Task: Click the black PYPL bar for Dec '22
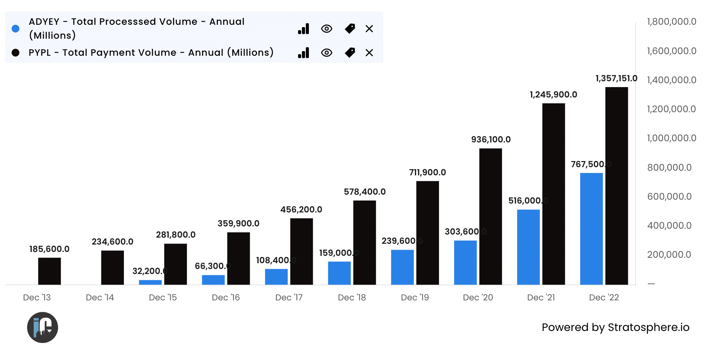[616, 186]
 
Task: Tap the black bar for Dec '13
[50, 271]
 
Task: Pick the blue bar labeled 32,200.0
[150, 282]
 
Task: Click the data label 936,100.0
[491, 139]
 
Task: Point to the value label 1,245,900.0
[553, 94]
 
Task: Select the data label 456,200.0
[301, 209]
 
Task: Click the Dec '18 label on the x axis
[351, 297]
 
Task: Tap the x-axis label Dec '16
[226, 297]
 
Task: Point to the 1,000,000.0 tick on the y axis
[671, 138]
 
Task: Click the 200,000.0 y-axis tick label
[669, 254]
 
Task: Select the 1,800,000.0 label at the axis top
[671, 22]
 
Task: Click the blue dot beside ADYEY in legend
[15, 29]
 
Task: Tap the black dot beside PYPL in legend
[15, 53]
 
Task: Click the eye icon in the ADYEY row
[326, 29]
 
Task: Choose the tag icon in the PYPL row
[350, 53]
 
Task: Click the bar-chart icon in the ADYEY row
[303, 29]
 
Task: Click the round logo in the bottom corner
[43, 327]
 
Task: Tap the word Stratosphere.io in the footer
[648, 327]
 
